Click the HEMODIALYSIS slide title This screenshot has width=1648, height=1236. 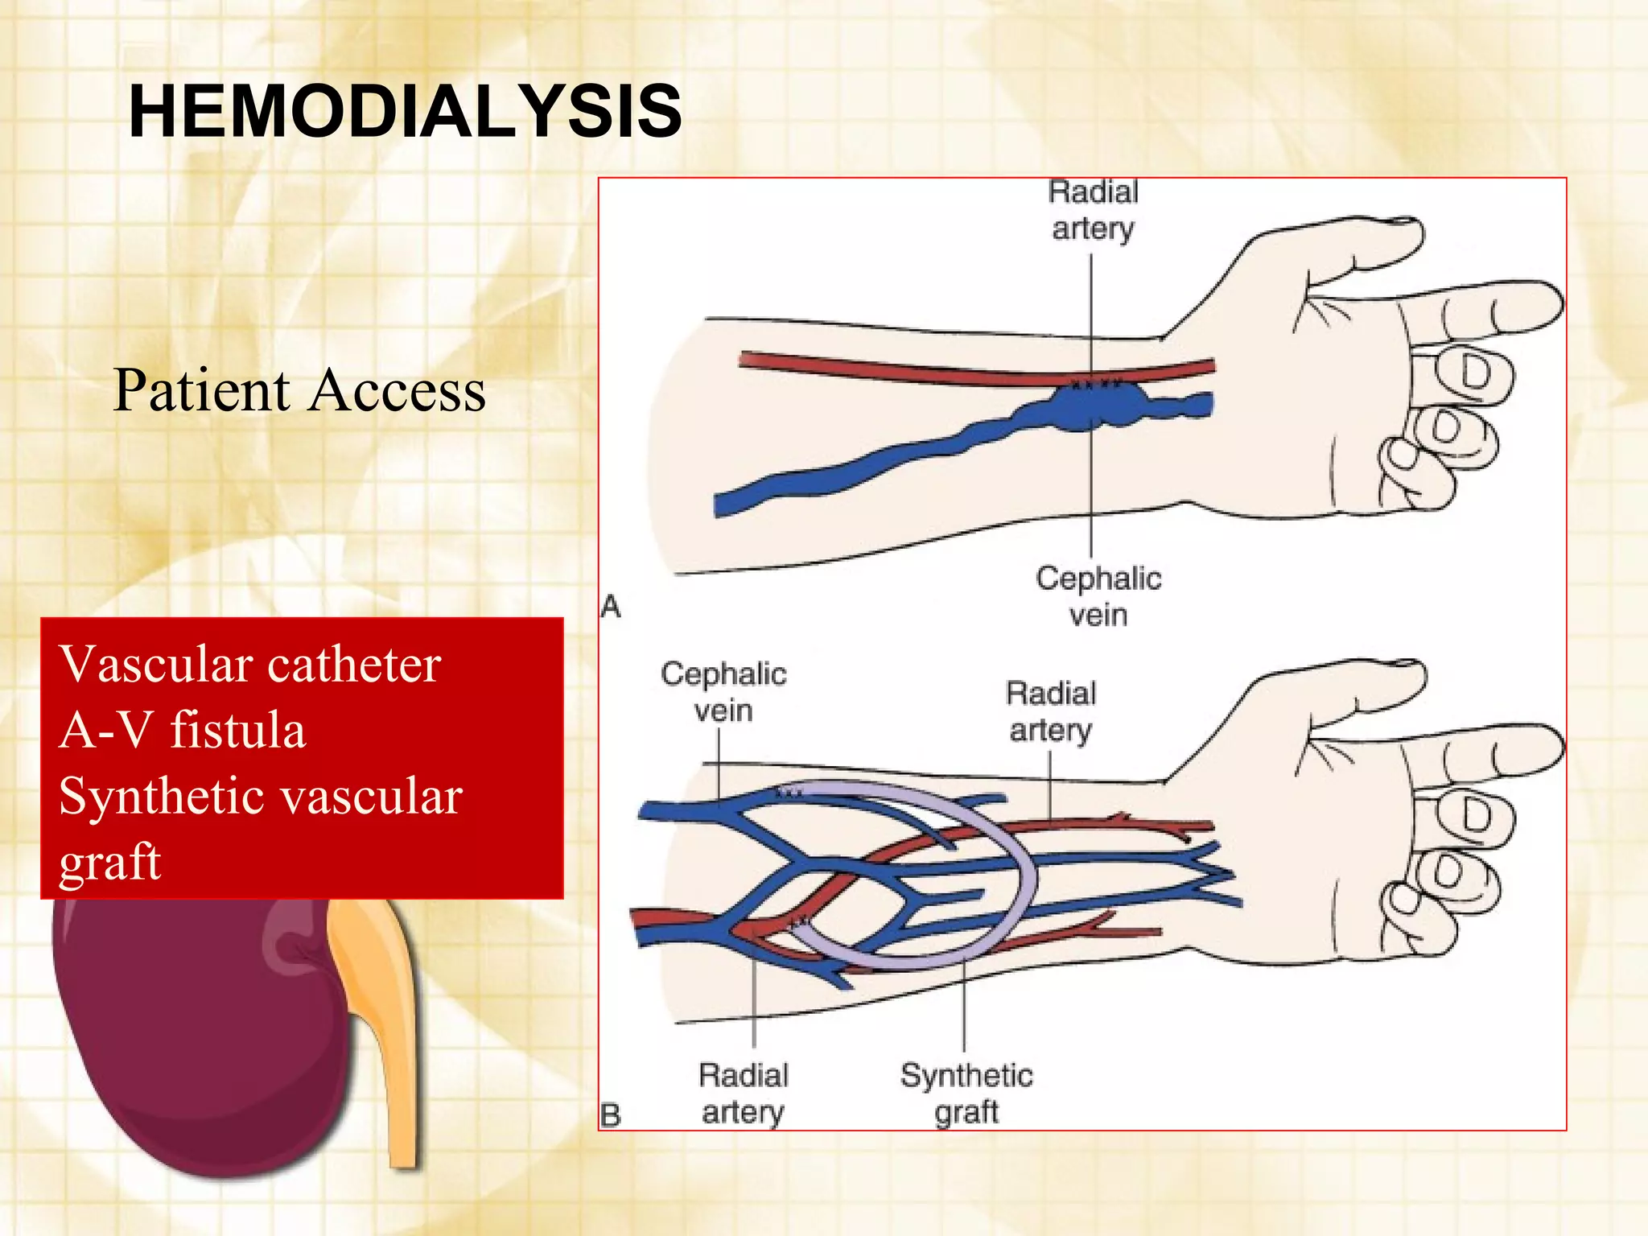pos(406,111)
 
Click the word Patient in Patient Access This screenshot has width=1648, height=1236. pos(201,391)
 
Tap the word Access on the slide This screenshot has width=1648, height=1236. pos(398,391)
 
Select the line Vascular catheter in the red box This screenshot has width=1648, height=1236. pos(249,665)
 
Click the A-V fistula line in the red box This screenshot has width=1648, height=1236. pos(182,731)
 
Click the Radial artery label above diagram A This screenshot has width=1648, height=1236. pos(1093,211)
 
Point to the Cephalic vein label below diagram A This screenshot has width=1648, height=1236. pos(1098,596)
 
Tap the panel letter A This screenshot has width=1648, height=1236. pos(611,606)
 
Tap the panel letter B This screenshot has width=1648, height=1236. pos(611,1115)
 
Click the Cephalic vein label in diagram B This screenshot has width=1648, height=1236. pos(723,692)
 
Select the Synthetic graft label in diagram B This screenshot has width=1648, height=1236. pos(966,1094)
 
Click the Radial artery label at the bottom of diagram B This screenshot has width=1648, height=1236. pos(743,1094)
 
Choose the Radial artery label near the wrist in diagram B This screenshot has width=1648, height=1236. pos(1051,711)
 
